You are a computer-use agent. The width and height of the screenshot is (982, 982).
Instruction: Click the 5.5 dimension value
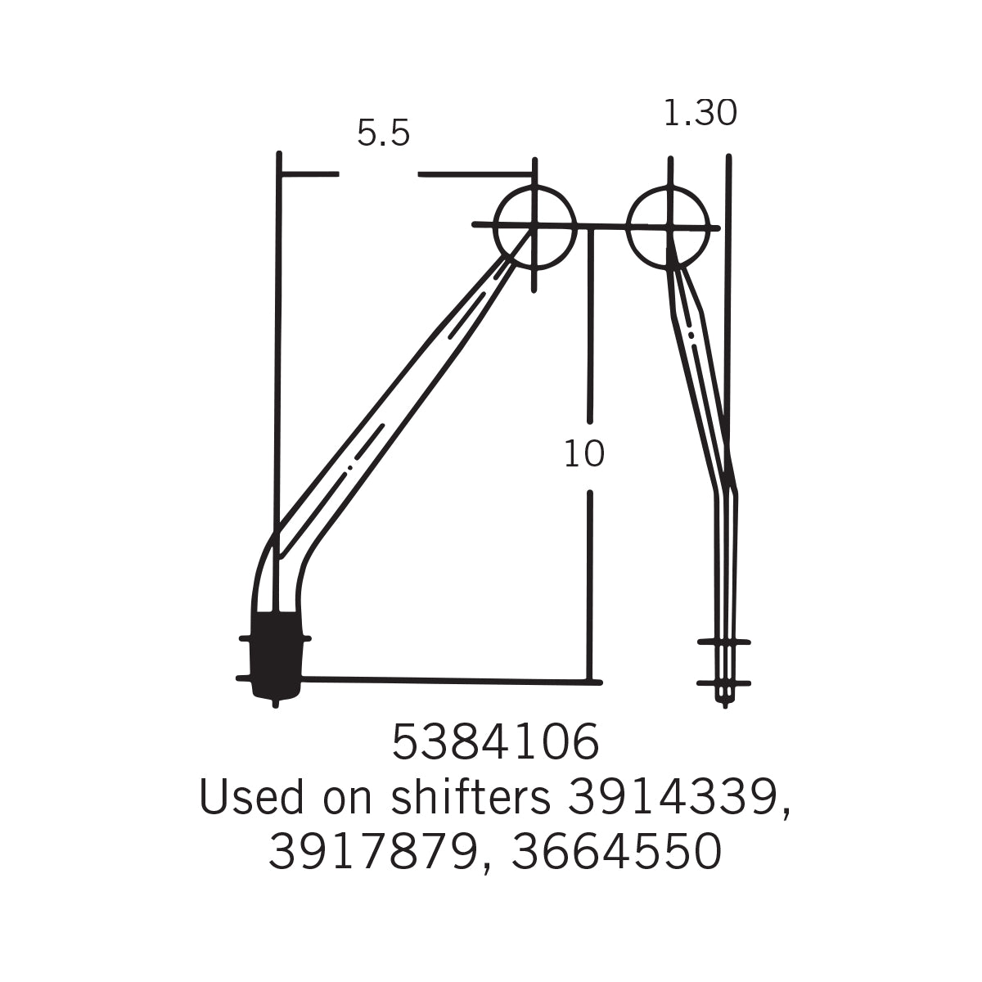(383, 133)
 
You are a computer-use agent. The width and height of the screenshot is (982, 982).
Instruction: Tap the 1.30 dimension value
(700, 113)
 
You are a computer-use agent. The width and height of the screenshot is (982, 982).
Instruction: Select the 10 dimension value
(584, 454)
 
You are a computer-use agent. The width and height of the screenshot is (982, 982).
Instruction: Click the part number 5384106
(495, 742)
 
